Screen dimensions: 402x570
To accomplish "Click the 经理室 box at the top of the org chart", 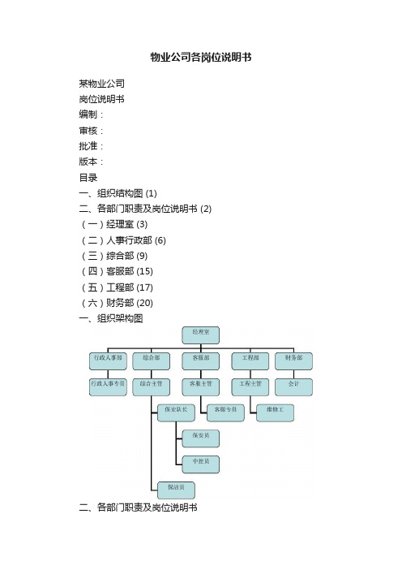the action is (x=201, y=335).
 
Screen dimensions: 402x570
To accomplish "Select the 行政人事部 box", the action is (x=108, y=361).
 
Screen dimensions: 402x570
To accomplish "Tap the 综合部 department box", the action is (x=152, y=361).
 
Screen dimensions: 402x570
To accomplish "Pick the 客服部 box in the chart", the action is (x=201, y=361).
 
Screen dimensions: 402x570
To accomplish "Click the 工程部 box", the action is (x=250, y=361).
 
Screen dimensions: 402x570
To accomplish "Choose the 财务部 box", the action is (x=293, y=361).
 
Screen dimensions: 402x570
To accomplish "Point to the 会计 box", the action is (x=293, y=387).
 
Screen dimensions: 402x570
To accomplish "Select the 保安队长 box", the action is (x=176, y=413).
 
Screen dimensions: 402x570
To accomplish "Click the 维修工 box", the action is (x=275, y=413).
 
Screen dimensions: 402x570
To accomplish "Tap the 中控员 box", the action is (x=201, y=464).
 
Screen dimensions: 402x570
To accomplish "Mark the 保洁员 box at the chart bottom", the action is (x=176, y=490).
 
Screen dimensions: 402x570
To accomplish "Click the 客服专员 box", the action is (x=225, y=413).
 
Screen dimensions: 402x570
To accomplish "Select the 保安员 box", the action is (x=201, y=438).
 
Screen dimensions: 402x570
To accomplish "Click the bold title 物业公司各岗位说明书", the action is (x=201, y=57).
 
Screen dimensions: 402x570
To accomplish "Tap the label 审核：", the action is (x=91, y=131).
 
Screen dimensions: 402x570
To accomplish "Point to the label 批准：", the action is (x=91, y=146).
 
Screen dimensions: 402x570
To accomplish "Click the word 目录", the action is (x=88, y=177).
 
